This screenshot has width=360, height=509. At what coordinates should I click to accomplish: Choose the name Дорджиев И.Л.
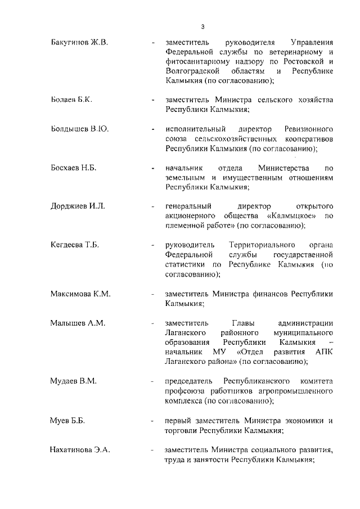(78, 206)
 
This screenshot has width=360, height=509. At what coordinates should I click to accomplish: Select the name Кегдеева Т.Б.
(76, 245)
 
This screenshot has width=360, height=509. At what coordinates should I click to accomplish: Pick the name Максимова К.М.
(80, 294)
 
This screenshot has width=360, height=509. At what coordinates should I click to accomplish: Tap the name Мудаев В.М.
(74, 381)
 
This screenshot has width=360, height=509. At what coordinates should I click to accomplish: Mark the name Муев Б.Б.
(67, 420)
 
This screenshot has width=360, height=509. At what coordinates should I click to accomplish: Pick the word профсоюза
(186, 391)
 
